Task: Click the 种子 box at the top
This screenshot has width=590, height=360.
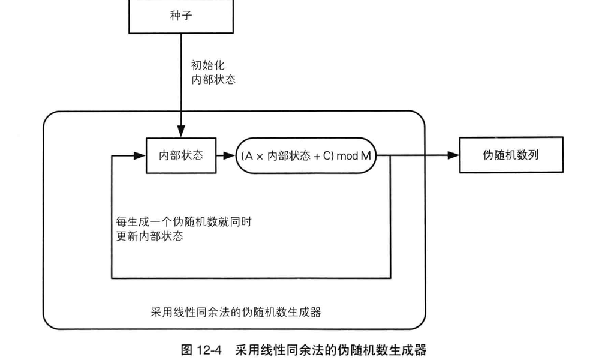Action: point(180,16)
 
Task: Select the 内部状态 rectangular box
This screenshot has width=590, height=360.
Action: point(180,155)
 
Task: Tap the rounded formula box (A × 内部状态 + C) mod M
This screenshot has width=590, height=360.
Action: point(305,156)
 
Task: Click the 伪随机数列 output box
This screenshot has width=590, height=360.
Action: point(511,155)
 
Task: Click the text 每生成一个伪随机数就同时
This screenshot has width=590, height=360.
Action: point(182,222)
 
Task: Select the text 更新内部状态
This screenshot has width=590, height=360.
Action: point(149,236)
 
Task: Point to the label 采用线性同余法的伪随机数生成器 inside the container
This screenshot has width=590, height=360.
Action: point(236,312)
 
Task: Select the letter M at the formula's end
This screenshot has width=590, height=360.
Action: point(365,156)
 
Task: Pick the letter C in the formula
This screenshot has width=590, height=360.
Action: point(326,156)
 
